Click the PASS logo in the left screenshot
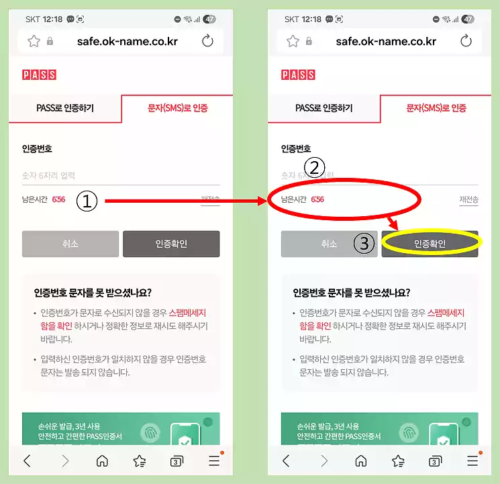(39, 75)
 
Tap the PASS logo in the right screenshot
(298, 75)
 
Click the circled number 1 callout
(87, 200)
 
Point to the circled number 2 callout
(314, 166)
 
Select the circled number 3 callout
(364, 244)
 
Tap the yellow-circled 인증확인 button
(430, 244)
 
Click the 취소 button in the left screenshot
(70, 244)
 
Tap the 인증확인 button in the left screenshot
(171, 244)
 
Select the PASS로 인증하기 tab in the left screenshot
(65, 108)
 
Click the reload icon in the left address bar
(207, 41)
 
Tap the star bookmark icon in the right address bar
(293, 41)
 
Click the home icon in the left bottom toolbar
(102, 461)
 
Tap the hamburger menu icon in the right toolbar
(473, 461)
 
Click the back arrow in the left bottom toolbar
(27, 461)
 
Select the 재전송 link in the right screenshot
(468, 199)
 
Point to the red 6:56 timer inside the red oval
(317, 199)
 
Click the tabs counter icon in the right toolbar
(436, 461)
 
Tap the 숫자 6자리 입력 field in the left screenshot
(121, 176)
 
